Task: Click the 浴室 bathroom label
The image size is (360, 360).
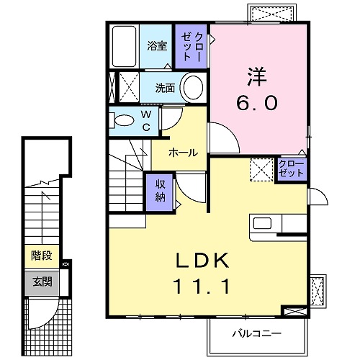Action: pos(157,46)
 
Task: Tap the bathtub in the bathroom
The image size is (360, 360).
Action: pos(124,46)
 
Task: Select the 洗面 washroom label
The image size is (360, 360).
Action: pos(165,88)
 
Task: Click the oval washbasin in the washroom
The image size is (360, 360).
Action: pos(193,87)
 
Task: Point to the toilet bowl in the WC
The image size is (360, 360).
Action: pos(124,120)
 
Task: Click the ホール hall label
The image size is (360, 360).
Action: pos(183,153)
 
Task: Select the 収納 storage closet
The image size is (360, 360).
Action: pos(160,192)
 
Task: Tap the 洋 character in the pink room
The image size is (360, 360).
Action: pos(257,76)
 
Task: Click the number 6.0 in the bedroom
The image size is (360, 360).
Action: pos(257,102)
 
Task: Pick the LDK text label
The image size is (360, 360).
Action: pos(202,261)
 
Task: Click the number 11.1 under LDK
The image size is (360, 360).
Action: pos(202,287)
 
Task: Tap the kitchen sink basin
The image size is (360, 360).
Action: pos(263,223)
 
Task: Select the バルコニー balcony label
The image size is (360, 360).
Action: pos(256,333)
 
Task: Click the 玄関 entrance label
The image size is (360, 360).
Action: pos(42,282)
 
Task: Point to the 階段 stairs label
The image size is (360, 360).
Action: pos(42,256)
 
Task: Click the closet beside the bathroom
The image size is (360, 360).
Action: pos(191,46)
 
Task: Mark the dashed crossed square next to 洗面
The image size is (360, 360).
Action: pos(129,87)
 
